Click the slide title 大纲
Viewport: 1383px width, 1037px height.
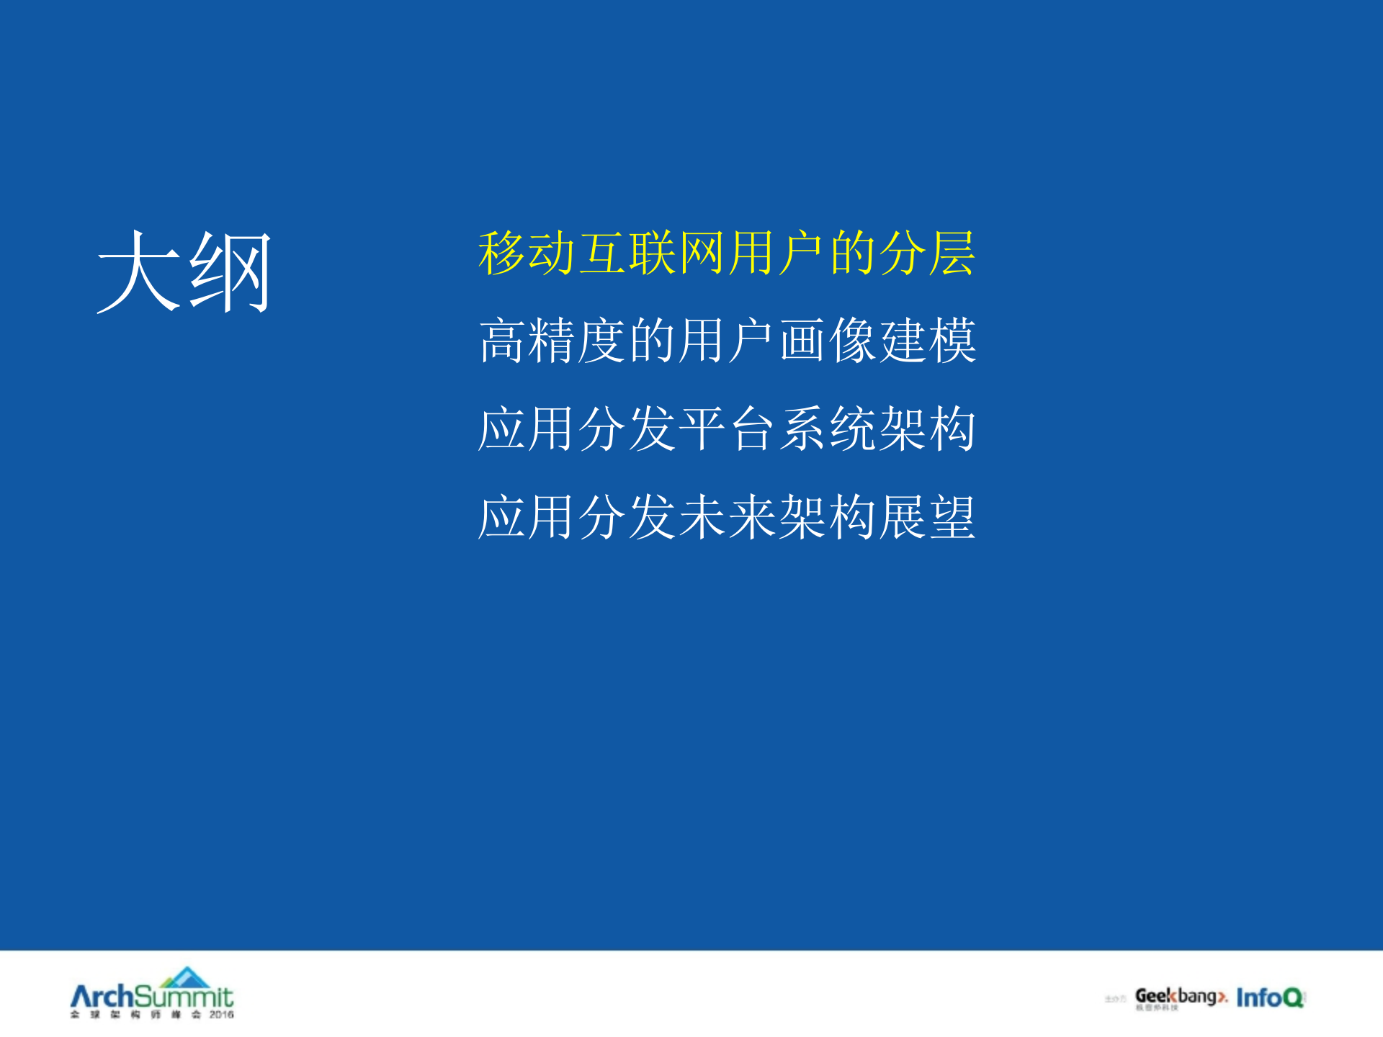184,271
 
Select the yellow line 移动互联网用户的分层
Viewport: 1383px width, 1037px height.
726,253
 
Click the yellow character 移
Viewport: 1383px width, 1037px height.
502,253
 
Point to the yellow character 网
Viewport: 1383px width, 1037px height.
702,253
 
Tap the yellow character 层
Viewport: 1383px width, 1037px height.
952,253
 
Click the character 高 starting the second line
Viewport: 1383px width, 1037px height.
502,341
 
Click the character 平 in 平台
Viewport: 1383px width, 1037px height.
702,428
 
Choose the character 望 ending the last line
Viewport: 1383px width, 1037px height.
952,517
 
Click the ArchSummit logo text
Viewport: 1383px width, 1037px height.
151,997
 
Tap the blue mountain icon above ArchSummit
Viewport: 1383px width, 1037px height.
187,977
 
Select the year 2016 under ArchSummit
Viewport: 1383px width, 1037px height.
221,1015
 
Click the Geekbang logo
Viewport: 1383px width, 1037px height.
1180,997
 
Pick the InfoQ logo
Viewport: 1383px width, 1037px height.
1270,997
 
